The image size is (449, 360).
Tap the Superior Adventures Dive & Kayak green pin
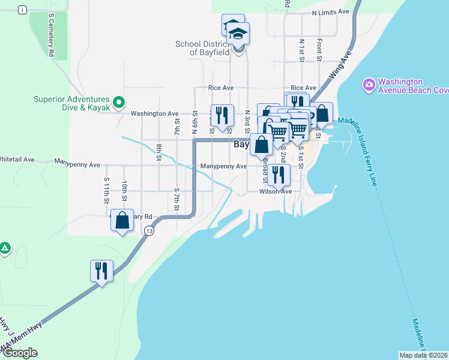pyautogui.click(x=119, y=103)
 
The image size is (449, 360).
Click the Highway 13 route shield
pyautogui.click(x=149, y=231)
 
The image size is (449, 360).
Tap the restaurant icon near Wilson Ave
pyautogui.click(x=279, y=174)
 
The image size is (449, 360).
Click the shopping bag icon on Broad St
pyautogui.click(x=262, y=145)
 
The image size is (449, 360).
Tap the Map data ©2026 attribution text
pyautogui.click(x=423, y=355)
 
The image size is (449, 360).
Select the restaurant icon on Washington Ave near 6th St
pyautogui.click(x=222, y=115)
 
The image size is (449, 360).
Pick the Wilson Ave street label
pyautogui.click(x=275, y=192)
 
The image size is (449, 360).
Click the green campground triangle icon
pyautogui.click(x=5, y=247)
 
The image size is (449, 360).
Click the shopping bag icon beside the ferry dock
pyautogui.click(x=322, y=113)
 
